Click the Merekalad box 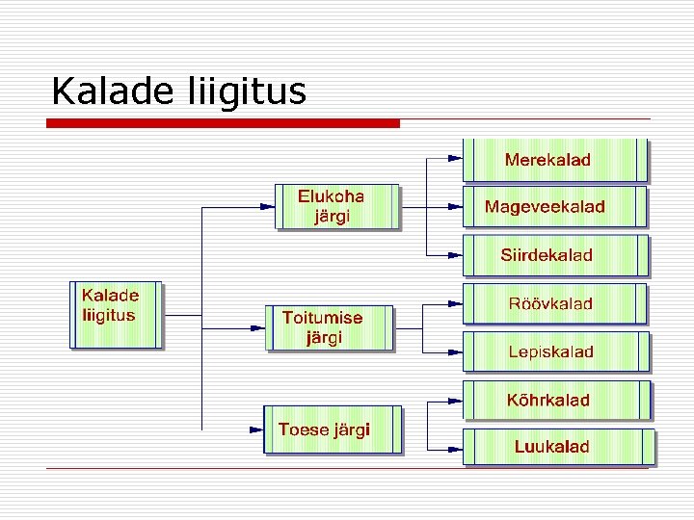(x=556, y=160)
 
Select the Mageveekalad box (x=555, y=207)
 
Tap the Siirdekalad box (x=555, y=255)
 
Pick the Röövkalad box (x=555, y=303)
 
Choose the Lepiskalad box (x=555, y=351)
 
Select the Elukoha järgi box (x=336, y=206)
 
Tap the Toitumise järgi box (x=330, y=327)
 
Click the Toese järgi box (x=332, y=429)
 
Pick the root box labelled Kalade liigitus (x=116, y=314)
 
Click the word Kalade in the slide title (x=109, y=91)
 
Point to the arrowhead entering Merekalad (x=455, y=156)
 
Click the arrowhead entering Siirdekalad (x=455, y=255)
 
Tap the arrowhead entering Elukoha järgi (x=267, y=205)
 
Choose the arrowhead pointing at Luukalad (x=455, y=448)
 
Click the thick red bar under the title (x=224, y=123)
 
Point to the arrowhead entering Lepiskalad (x=455, y=351)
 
